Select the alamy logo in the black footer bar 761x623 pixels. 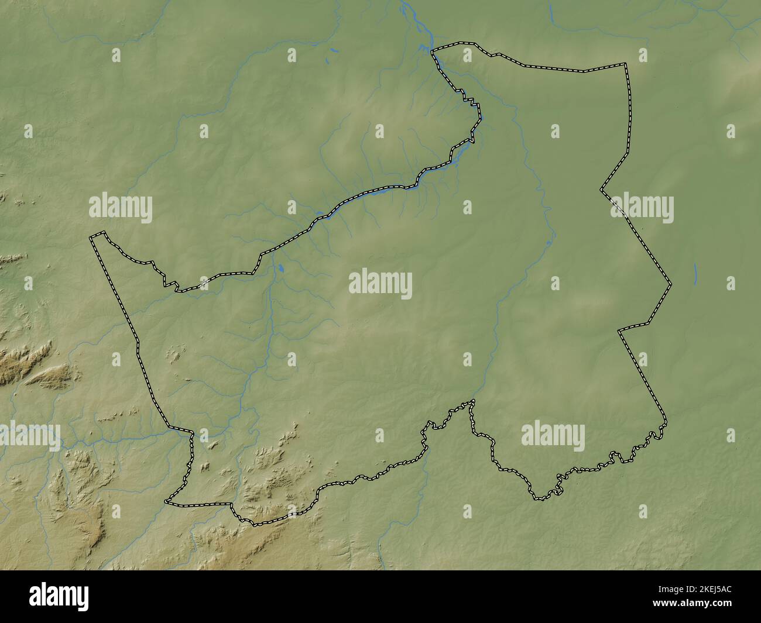point(60,596)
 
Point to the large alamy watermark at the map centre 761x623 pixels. point(380,284)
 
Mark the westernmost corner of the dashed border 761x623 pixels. point(90,238)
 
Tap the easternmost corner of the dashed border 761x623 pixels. point(671,284)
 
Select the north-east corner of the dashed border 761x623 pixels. point(625,63)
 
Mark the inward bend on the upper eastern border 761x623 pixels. point(601,190)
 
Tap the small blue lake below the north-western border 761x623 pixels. point(281,269)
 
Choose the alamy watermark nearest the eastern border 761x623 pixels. point(642,208)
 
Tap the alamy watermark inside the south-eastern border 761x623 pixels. point(553,436)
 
